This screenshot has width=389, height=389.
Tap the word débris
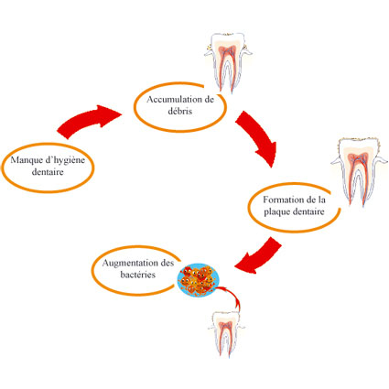pos(180,111)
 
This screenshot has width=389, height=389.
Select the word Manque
pos(26,160)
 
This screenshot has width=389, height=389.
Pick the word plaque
pos(277,212)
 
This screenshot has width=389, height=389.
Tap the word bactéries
pos(138,275)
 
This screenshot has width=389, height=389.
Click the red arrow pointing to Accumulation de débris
pos(89,122)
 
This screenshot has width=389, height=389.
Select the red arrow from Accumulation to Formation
pos(258,137)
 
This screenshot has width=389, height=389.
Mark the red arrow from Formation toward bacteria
pos(259,256)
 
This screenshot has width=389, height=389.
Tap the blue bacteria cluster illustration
pos(199,280)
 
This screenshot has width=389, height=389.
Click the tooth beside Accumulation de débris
pos(228,62)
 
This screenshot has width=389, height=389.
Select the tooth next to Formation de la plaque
pos(356,172)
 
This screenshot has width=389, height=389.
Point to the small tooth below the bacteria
pos(226,334)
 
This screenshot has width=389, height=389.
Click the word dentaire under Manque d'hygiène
pos(48,172)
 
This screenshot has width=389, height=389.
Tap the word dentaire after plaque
pos(308,211)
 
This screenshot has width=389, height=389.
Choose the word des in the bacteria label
pos(167,263)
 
